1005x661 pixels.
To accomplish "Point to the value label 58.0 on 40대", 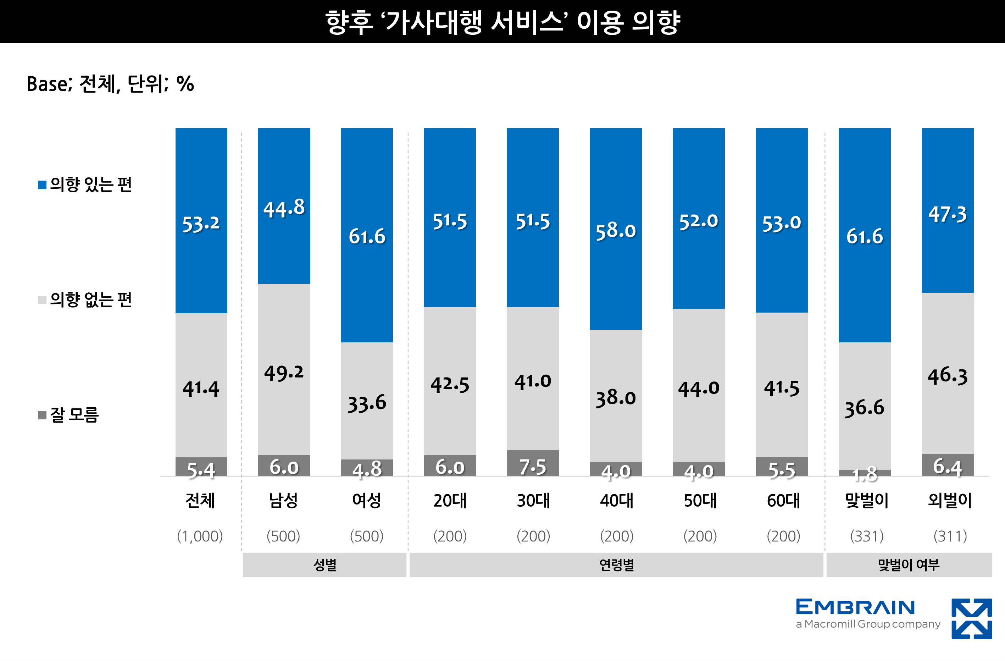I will (615, 231).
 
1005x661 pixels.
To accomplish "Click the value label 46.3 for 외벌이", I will (947, 375).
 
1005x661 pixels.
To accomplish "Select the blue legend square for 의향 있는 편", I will (42, 184).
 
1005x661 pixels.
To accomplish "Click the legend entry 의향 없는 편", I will (90, 299).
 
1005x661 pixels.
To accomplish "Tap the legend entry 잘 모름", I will (74, 415).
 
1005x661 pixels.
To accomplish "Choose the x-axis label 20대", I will (450, 501).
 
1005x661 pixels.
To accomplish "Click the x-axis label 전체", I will (200, 501).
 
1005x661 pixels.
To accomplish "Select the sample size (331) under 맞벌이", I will (866, 536).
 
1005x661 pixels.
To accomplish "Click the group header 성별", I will (324, 565).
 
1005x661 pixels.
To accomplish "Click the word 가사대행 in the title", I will (433, 22).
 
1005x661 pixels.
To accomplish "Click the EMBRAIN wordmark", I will (855, 607).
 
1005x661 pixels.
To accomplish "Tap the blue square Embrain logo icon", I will (971, 618).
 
